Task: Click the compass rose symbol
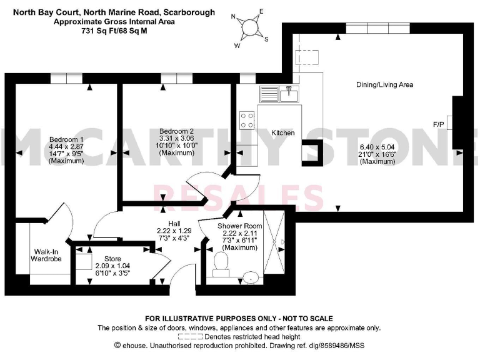point(251,28)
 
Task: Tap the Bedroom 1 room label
point(66,139)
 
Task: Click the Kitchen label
point(282,133)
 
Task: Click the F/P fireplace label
point(439,125)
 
